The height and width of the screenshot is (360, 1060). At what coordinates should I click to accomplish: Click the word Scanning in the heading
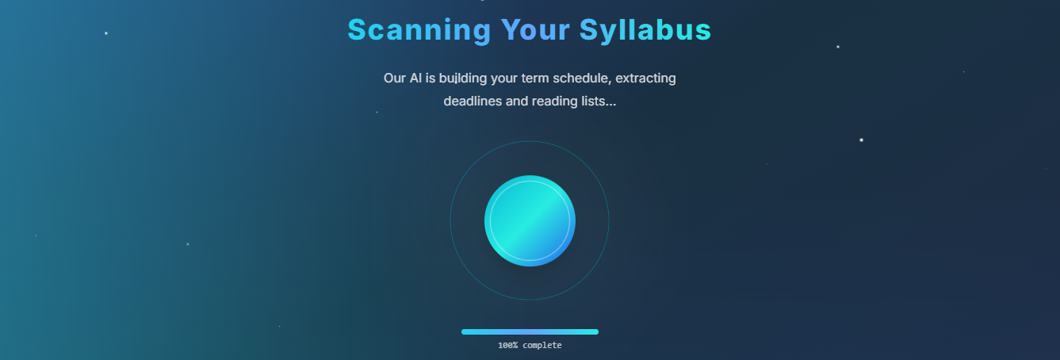point(419,30)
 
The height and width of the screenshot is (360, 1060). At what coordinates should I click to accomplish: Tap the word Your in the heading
point(535,30)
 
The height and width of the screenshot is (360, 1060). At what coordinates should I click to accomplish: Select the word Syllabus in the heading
point(645,30)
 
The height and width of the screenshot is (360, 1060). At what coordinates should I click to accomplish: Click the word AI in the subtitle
point(415,78)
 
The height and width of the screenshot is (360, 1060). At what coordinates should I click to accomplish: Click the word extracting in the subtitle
point(645,79)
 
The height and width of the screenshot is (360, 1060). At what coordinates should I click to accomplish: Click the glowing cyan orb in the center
point(530,221)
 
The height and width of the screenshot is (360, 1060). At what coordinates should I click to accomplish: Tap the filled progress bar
point(530,332)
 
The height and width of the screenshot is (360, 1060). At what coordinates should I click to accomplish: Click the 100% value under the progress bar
point(507,346)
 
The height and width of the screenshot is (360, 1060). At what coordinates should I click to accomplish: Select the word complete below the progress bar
point(542,346)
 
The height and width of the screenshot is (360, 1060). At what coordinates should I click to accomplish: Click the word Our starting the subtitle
point(395,78)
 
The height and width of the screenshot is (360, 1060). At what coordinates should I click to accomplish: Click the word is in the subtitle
point(431,78)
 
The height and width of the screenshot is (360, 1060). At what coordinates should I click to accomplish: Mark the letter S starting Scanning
point(358,30)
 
